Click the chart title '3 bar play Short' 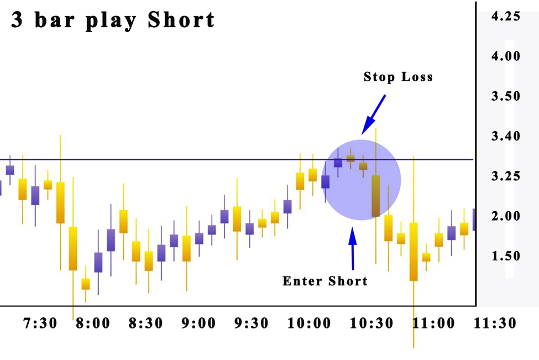point(113,20)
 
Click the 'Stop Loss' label point(398,77)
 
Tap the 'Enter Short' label point(325,281)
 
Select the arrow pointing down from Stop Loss point(374,114)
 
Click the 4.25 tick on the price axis point(506,17)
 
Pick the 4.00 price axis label point(506,56)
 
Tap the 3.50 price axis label point(506,96)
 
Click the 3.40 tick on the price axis point(506,136)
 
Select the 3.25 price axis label point(506,176)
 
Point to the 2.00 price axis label point(506,216)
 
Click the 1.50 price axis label point(506,256)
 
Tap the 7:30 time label point(40,323)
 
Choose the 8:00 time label point(93,323)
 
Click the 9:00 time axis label point(199,323)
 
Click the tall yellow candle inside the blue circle point(376,196)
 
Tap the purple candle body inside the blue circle point(338,163)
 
